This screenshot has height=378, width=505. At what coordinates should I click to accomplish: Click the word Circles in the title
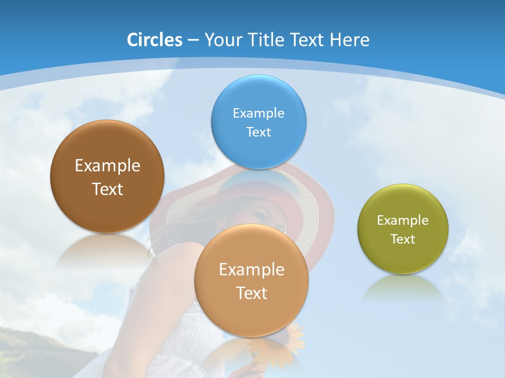[154, 40]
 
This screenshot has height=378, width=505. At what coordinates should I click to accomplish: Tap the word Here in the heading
[349, 40]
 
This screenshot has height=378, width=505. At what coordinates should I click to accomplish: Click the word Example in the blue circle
[258, 113]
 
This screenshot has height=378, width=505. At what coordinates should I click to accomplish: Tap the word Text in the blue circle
[258, 132]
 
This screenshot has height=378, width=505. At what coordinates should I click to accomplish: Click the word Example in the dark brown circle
[107, 166]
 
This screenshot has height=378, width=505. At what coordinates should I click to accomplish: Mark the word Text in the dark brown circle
[107, 189]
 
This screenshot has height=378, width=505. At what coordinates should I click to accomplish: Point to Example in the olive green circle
[402, 220]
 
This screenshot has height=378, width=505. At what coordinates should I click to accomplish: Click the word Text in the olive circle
[402, 239]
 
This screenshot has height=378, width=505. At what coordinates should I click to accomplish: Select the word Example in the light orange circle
[251, 269]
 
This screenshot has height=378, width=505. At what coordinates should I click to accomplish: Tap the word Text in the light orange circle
[251, 293]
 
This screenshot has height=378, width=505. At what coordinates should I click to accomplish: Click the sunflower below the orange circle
[292, 341]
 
